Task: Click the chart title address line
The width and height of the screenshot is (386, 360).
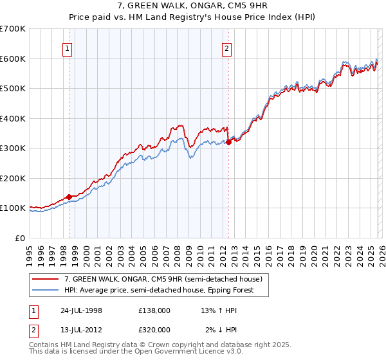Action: pos(193,6)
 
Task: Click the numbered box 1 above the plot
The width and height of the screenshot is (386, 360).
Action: pos(68,48)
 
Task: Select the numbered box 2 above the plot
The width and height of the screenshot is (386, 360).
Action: pos(228,48)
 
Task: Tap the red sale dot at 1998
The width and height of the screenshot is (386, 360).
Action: pos(69,197)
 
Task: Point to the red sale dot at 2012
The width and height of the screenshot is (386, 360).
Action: pos(228,143)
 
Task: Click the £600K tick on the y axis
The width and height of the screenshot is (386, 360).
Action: pos(13,59)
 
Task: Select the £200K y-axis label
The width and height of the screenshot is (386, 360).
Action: pos(13,178)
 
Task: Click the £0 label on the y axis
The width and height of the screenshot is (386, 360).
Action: pos(20,238)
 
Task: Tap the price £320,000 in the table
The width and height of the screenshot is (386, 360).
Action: pos(154,329)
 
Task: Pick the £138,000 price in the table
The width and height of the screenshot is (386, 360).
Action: pos(154,310)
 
